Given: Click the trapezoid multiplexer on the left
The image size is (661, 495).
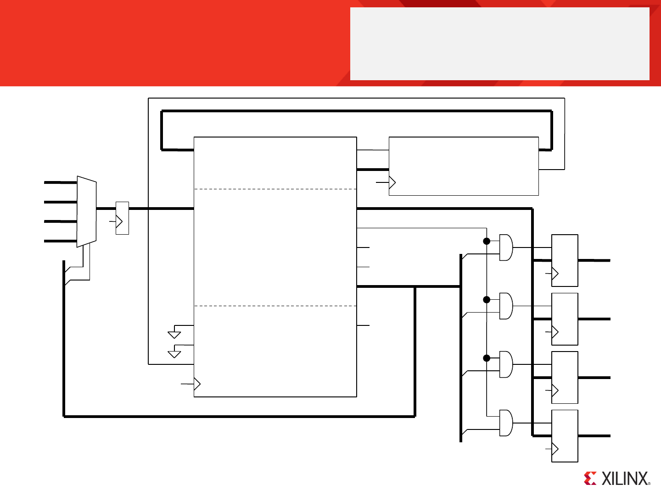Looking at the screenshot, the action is [x=87, y=212].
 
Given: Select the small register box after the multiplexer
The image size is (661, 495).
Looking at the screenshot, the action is [x=122, y=218].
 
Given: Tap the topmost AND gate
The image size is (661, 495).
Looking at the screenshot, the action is [x=506, y=247].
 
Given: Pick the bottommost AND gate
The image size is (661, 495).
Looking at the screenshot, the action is [x=506, y=423].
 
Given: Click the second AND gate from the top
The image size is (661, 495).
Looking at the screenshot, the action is [x=506, y=306].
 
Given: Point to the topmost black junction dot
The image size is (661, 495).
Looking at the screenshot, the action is [x=487, y=241].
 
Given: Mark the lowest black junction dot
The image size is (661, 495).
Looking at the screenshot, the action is [x=487, y=358].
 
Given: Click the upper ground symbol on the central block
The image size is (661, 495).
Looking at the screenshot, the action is [x=174, y=334].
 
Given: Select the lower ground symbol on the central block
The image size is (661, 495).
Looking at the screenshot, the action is [x=174, y=353].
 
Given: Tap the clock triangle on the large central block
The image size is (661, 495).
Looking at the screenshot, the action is [x=197, y=384].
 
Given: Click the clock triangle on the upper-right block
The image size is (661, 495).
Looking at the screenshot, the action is [x=392, y=182].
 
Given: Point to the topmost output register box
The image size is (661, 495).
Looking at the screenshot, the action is [x=565, y=260].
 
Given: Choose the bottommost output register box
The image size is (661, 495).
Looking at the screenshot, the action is [x=565, y=436].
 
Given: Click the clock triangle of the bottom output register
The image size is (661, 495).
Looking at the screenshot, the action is [x=555, y=449].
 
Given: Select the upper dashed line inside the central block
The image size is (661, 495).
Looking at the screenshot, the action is [x=275, y=189].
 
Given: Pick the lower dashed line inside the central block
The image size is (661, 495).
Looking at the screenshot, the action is [x=275, y=306].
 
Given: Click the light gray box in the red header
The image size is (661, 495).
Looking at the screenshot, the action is [x=499, y=44].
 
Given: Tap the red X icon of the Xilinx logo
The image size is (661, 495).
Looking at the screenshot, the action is [x=590, y=478].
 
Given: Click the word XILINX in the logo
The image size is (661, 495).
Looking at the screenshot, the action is [x=625, y=479].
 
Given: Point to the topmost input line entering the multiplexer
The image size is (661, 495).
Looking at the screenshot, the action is [x=60, y=182].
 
